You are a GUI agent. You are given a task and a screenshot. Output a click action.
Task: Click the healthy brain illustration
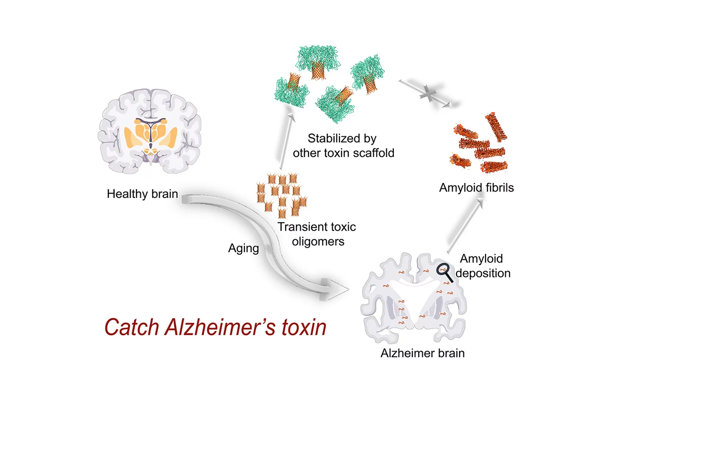(x=150, y=131)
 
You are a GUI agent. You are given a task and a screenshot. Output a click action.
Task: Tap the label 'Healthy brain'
(x=142, y=194)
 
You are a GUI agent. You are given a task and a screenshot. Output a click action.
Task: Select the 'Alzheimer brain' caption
(x=422, y=353)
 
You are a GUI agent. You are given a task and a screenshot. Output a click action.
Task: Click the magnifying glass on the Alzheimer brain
(x=444, y=272)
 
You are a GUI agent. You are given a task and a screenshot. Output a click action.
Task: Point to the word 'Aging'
(x=243, y=248)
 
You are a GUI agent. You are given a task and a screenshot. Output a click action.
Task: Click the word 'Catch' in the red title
(x=132, y=327)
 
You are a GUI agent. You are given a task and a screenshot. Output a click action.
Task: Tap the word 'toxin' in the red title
(x=304, y=327)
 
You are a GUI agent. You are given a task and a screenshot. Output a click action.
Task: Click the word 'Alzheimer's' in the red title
(x=220, y=327)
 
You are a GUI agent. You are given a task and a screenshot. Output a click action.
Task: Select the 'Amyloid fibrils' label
(x=476, y=188)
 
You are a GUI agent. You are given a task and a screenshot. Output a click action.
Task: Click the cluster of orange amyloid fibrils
(x=481, y=144)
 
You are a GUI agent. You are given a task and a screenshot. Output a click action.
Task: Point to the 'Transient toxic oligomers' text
(x=317, y=234)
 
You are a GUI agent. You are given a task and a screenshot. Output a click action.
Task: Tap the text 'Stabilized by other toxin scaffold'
(x=343, y=146)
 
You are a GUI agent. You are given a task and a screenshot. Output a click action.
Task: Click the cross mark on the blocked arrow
(x=428, y=93)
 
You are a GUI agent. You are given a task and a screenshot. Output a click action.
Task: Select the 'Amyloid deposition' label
(x=482, y=266)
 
